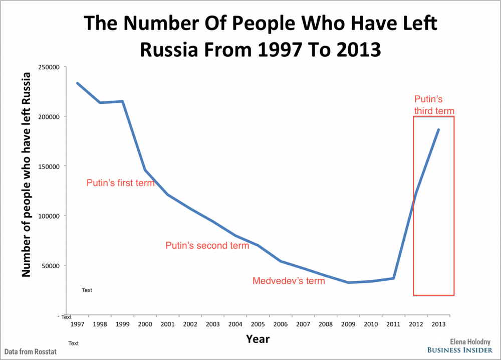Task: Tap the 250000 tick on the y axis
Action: point(49,67)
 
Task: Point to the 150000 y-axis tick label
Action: point(49,166)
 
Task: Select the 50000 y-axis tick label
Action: point(51,266)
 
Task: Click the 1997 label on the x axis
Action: point(77,324)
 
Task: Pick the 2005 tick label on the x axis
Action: point(258,324)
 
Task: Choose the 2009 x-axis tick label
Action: point(348,324)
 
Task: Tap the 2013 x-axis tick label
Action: point(439,324)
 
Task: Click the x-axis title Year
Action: point(258,339)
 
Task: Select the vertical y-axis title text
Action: point(26,174)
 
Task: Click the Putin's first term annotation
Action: point(121,183)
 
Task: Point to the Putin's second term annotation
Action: point(207,246)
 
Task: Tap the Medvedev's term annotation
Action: point(289,281)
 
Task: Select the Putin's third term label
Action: point(434,105)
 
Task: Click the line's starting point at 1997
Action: point(77,83)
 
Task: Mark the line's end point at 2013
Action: point(438,130)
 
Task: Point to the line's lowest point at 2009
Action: point(348,282)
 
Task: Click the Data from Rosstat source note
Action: point(31,352)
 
